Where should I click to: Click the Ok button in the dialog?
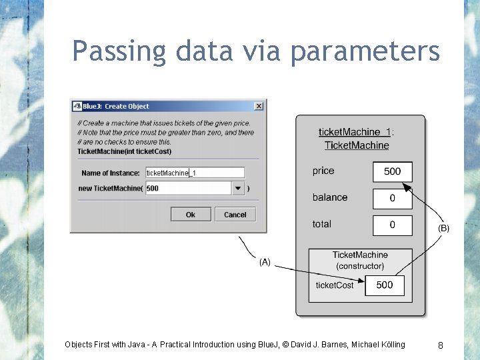(x=191, y=215)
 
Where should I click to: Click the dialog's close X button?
(x=259, y=106)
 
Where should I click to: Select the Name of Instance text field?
(x=195, y=173)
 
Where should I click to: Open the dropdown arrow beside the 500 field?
(x=238, y=188)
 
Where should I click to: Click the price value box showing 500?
(x=392, y=171)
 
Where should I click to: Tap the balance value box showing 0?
(x=392, y=198)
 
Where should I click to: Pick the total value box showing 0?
(x=392, y=225)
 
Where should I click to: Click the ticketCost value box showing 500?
(x=385, y=285)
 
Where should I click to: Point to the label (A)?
(x=265, y=263)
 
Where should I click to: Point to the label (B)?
(x=443, y=228)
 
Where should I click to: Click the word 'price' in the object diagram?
(x=323, y=171)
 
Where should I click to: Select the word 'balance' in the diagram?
(x=330, y=198)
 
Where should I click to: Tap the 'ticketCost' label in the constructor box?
(x=335, y=285)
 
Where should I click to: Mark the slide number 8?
(x=441, y=345)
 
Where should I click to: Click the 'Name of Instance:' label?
(x=111, y=173)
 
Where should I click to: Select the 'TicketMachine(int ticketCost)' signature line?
(x=119, y=151)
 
